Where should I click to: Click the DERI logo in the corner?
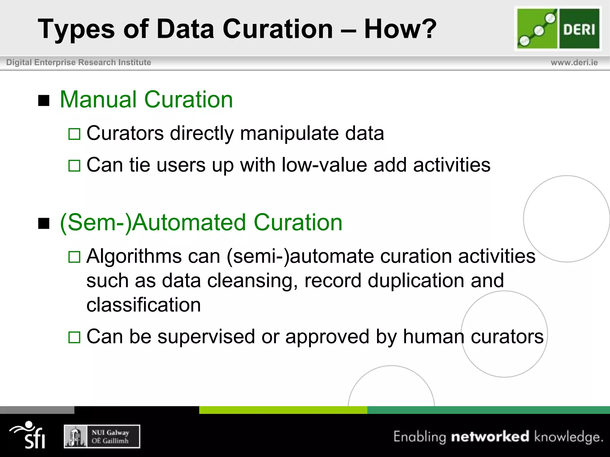558,29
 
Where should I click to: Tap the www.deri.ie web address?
574,62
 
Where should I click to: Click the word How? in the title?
400,29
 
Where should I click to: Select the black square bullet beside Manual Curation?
44,101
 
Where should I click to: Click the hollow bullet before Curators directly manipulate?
74,134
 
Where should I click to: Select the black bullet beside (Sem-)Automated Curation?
44,223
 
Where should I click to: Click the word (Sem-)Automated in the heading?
153,223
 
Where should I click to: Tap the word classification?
144,305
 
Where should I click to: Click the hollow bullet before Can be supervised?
74,337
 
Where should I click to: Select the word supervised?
206,337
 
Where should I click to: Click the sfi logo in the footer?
28,435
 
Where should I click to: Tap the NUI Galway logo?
102,436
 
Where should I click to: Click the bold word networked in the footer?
490,436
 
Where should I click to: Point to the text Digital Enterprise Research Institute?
79,62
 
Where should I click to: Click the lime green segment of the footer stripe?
283,410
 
